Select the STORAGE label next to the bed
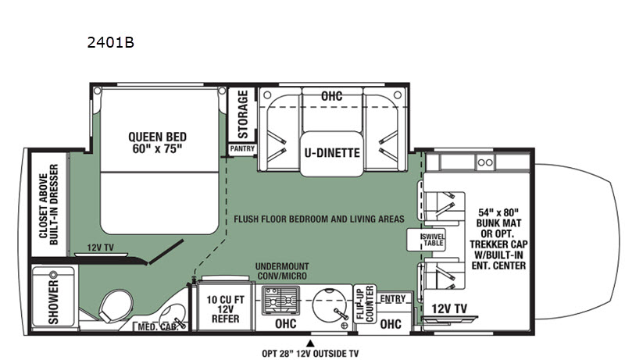point(243,113)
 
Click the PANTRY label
point(241,148)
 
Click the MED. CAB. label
point(155,326)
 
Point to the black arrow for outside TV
point(312,341)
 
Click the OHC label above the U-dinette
point(332,95)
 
